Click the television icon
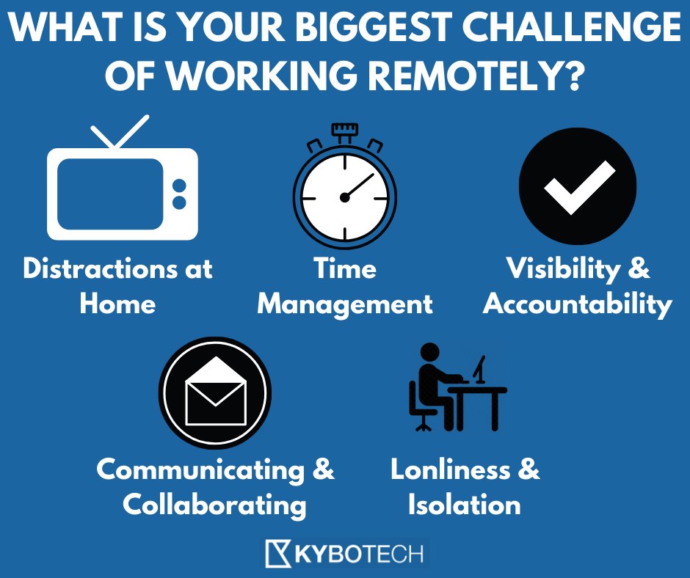click(x=122, y=192)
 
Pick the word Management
click(x=344, y=304)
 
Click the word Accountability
click(x=578, y=304)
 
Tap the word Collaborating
click(x=214, y=505)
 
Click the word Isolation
click(x=464, y=505)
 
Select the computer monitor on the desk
click(x=480, y=369)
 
